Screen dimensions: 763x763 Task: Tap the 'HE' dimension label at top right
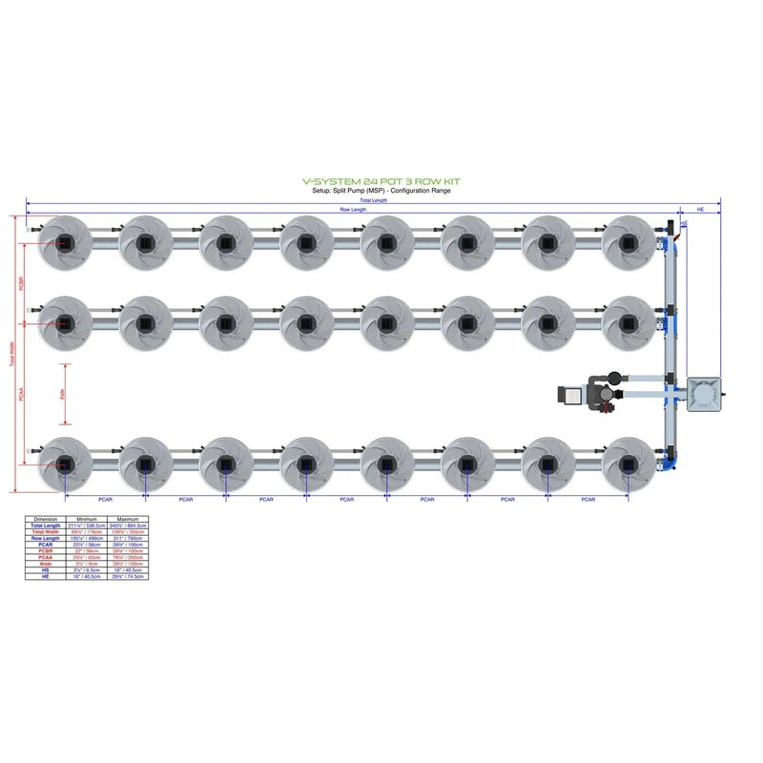701,209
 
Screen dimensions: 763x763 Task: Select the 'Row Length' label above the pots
352,209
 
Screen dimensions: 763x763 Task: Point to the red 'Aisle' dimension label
62,393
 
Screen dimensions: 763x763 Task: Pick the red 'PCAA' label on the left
21,393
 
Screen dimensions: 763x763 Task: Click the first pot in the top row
64,242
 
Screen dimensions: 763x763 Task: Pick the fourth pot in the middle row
305,322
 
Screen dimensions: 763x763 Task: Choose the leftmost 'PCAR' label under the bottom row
105,499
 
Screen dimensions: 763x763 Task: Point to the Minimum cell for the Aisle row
86,564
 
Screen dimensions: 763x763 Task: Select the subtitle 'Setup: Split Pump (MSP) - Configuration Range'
381,190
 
